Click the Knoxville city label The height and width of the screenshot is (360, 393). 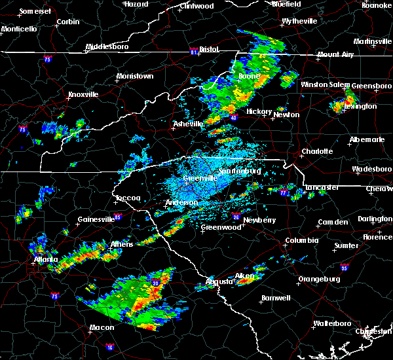83,94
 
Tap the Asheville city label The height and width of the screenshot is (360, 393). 189,124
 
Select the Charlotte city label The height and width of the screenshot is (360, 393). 317,151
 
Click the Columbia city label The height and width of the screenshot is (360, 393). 301,240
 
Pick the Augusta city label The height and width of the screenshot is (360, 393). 218,281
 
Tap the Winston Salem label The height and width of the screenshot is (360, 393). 326,84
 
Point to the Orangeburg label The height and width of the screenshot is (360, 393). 320,279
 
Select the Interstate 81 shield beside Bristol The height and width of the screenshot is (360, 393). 194,50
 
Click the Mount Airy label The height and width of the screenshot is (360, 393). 335,54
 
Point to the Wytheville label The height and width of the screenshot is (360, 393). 299,21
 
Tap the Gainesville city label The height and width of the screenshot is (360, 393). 96,219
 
